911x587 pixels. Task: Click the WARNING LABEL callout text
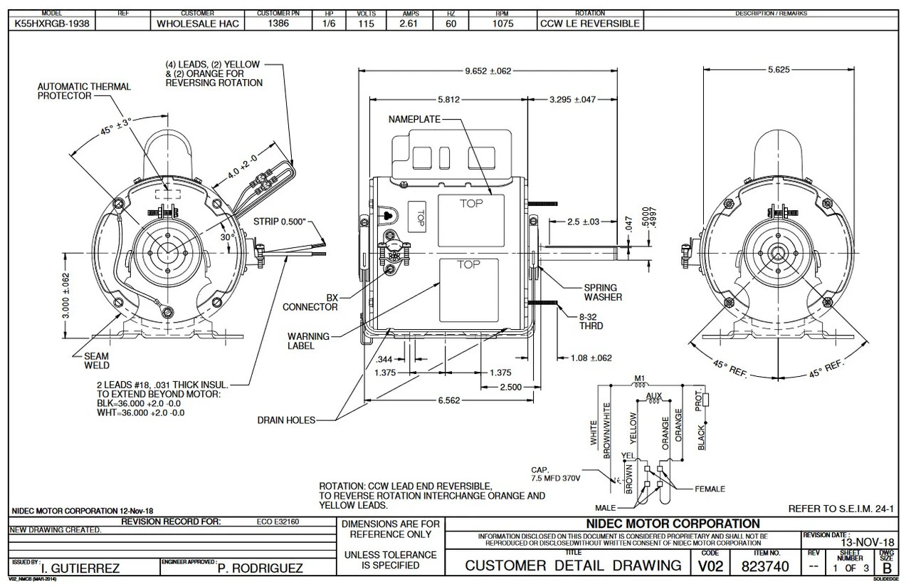click(x=308, y=341)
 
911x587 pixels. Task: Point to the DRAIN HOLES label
click(x=286, y=420)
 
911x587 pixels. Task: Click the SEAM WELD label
click(x=97, y=360)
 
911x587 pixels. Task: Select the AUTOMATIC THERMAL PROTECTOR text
click(x=84, y=90)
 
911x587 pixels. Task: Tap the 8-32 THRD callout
click(x=590, y=321)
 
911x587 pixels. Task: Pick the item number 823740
click(x=767, y=567)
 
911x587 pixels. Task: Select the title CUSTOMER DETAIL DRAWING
click(x=573, y=566)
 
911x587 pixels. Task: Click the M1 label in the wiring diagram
click(x=638, y=378)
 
